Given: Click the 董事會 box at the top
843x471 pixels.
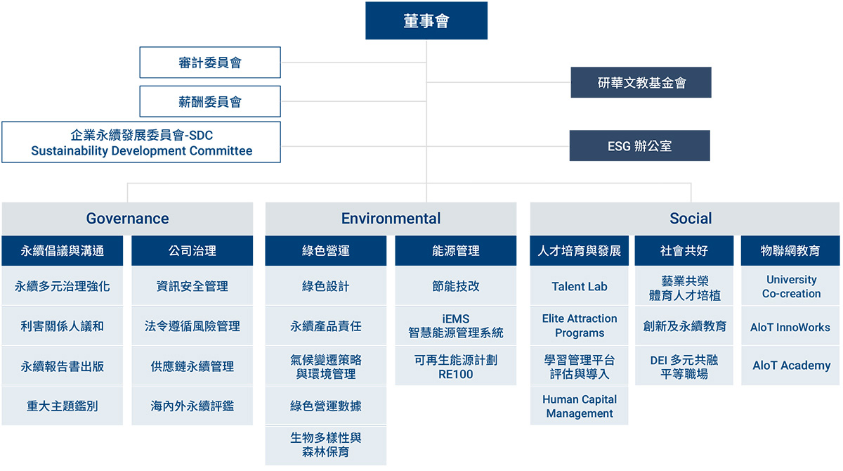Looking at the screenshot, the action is click(426, 20).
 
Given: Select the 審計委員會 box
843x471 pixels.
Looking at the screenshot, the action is click(210, 63).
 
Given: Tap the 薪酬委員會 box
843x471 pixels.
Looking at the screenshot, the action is click(210, 101).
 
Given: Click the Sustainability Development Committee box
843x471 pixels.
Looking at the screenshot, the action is click(141, 142).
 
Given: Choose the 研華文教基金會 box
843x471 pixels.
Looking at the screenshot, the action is click(641, 82).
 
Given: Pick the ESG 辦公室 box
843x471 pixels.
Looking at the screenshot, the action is click(640, 146).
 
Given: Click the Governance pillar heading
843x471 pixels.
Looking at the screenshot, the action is click(127, 219).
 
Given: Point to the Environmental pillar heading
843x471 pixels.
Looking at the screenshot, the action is click(391, 219).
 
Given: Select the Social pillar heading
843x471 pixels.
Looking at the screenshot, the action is click(685, 219).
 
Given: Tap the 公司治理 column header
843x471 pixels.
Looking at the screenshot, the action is click(192, 251).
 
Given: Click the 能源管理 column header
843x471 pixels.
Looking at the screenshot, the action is click(456, 251).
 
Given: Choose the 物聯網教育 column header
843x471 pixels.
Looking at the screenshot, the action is click(790, 251).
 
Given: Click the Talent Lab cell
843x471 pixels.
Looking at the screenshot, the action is click(579, 286).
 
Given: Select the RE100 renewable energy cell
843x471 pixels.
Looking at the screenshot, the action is click(456, 367).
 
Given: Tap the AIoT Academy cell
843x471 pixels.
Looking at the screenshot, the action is click(790, 366).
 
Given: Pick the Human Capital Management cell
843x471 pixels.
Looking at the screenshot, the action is click(579, 406).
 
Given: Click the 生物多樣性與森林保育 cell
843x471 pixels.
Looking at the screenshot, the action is click(326, 446).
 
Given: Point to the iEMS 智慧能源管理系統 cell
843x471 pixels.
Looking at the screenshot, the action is click(456, 325).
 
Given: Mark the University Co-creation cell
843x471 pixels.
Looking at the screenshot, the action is click(790, 286).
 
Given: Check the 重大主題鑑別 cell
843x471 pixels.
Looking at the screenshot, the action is click(62, 406).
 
